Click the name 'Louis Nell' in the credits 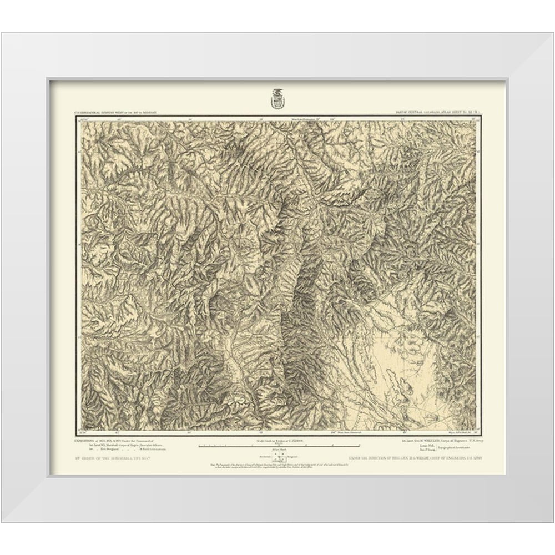pyautogui.click(x=423, y=446)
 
